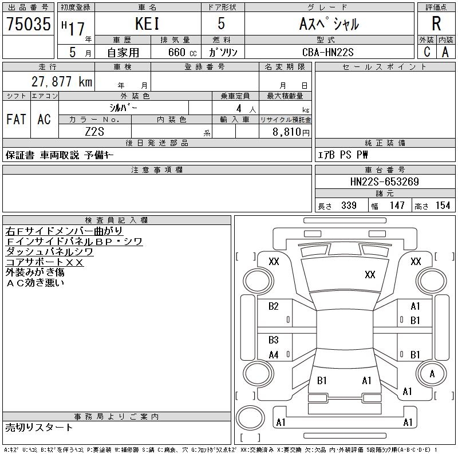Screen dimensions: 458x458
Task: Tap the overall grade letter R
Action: [436, 24]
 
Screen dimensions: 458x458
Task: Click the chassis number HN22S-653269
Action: [384, 182]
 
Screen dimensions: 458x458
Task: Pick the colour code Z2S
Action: [95, 131]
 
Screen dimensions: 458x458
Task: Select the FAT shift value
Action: [16, 119]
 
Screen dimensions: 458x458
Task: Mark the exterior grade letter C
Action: [427, 52]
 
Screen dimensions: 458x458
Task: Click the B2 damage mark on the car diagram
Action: [274, 306]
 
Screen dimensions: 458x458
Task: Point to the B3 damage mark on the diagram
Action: [274, 340]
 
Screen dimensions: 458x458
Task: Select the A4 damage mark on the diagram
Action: [274, 355]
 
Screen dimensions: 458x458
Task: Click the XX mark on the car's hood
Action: [370, 275]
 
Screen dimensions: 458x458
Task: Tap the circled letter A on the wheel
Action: [432, 374]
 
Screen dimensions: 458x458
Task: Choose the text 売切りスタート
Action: [40, 428]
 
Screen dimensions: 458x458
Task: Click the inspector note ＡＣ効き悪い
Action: [35, 282]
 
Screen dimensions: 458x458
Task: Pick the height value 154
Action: [443, 206]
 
